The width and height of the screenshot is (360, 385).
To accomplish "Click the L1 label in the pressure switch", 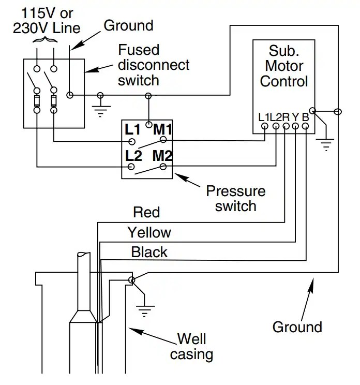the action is (x=132, y=129).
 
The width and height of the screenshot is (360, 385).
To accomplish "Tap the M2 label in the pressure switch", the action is (x=162, y=155).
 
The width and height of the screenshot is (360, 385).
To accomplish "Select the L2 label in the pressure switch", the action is (x=133, y=156).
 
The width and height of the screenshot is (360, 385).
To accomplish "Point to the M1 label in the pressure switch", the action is (x=163, y=129).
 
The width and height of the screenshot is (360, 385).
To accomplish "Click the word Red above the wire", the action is (x=146, y=212).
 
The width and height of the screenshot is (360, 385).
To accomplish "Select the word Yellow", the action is (x=149, y=232).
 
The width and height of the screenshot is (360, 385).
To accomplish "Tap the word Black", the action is (x=149, y=252).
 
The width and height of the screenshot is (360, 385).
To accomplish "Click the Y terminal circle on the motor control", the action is (x=295, y=126).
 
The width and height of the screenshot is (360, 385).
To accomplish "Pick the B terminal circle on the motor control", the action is (x=305, y=126).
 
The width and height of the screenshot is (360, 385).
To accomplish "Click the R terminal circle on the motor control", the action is (x=286, y=126).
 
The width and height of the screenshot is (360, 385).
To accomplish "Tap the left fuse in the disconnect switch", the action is (x=37, y=101).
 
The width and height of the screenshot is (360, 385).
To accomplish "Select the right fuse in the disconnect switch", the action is (x=54, y=101).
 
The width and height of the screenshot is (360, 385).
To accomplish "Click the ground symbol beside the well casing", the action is (x=145, y=311).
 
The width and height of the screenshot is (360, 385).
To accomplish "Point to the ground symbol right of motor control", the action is (x=325, y=145).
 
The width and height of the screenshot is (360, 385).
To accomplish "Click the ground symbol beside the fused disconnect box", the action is (x=101, y=111).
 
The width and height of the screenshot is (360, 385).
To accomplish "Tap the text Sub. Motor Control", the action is (x=284, y=66).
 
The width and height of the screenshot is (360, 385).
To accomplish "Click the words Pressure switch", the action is (x=235, y=198).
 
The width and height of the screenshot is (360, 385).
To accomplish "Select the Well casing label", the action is (x=192, y=347).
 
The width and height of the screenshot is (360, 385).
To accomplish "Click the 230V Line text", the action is (x=47, y=28).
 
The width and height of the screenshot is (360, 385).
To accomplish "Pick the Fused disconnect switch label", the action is (x=154, y=65).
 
